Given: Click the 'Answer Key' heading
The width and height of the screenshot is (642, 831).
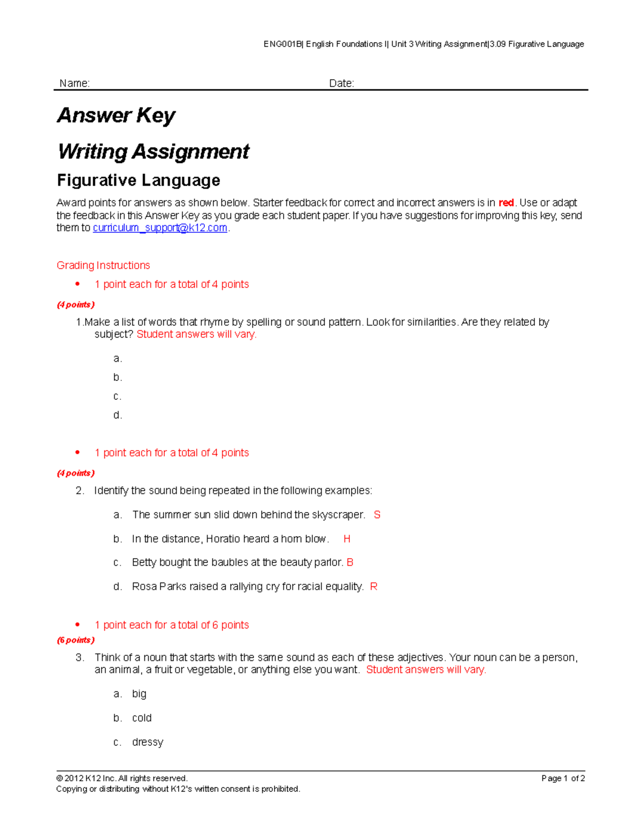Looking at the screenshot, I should [x=116, y=116].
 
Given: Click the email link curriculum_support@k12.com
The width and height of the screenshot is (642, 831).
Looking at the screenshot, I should [x=160, y=228].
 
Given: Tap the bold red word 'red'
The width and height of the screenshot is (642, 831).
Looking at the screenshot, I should [x=506, y=203].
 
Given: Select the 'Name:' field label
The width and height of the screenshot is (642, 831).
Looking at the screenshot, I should [x=74, y=83].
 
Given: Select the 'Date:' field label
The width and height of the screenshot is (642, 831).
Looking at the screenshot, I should [x=341, y=83].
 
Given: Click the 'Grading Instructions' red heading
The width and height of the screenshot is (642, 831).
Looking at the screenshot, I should [x=103, y=265].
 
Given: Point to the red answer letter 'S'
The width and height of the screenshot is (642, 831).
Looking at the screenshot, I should [x=377, y=515].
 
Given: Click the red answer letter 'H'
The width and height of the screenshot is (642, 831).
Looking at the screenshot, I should [x=347, y=539].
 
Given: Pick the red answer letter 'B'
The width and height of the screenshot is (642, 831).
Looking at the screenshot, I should [x=350, y=562].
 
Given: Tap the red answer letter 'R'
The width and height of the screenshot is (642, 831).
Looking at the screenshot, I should [x=373, y=586].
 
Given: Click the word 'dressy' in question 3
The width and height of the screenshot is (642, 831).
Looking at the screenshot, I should [x=148, y=742].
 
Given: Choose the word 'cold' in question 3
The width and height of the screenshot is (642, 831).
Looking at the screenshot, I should [x=142, y=718].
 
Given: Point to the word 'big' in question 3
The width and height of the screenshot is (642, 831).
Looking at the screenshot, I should [x=139, y=694].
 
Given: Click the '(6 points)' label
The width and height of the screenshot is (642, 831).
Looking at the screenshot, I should [x=75, y=640].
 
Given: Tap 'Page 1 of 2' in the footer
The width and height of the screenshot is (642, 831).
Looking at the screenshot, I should [x=563, y=779].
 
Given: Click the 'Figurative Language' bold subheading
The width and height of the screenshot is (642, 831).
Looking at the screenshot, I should [x=139, y=180].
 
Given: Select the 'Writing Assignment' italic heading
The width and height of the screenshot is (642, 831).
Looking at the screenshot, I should [x=153, y=151].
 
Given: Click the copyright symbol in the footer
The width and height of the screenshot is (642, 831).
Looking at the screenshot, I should [x=59, y=779].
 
